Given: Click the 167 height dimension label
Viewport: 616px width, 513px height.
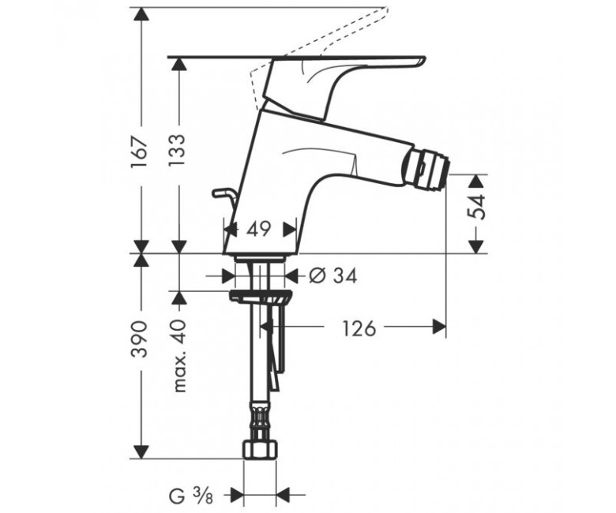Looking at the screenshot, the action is [140, 152].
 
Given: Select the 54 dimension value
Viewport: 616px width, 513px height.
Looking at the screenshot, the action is [477, 207].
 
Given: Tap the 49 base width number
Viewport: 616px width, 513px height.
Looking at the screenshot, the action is [258, 228].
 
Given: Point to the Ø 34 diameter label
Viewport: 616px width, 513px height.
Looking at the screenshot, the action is [333, 276].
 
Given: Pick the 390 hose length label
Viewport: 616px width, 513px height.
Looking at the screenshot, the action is [140, 339].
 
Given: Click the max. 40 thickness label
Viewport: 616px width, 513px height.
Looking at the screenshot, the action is [178, 357].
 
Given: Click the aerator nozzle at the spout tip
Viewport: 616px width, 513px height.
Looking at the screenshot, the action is [426, 170].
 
